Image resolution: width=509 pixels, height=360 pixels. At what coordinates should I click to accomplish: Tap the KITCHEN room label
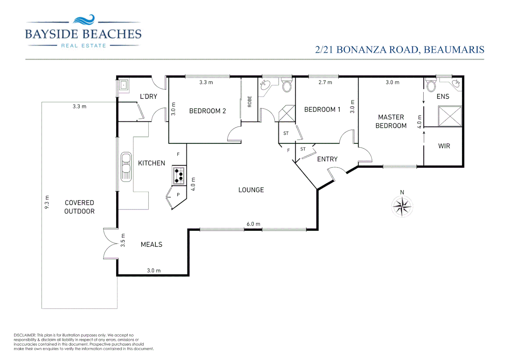point(152,163)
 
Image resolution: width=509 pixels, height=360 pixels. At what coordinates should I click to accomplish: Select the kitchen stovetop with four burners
point(179,176)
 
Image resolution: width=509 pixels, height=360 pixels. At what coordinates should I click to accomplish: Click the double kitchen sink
point(126,167)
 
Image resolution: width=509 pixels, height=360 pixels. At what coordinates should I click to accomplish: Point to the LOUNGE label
point(251,190)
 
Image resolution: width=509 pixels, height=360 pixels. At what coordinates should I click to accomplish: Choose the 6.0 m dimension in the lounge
point(253,224)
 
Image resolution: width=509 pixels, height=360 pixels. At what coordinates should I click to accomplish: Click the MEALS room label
point(152,244)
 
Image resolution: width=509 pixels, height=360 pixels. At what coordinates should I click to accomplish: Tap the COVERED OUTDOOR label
point(79,207)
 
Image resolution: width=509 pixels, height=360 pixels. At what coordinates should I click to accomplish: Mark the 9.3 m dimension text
point(47,202)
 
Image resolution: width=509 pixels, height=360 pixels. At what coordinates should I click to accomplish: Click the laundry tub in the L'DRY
point(124,85)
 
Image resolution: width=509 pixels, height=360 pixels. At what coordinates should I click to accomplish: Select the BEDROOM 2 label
point(208,111)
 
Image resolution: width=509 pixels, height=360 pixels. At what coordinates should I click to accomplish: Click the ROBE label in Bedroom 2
point(250,101)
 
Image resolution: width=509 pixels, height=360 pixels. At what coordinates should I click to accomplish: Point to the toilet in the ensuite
point(431,86)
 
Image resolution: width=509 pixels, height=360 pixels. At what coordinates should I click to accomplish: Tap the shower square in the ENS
point(450,116)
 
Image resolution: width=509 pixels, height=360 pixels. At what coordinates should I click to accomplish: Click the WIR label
point(444,146)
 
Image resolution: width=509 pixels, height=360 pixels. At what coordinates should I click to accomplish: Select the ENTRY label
point(327,159)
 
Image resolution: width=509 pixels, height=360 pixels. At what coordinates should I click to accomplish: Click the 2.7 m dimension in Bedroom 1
point(325,82)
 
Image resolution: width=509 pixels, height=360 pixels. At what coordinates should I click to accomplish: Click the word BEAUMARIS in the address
point(454,50)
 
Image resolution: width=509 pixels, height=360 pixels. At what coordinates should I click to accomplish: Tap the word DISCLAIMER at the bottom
point(25,335)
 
